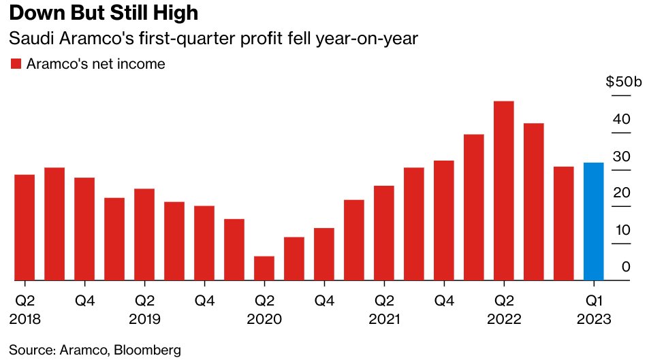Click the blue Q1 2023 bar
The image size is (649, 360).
(x=594, y=221)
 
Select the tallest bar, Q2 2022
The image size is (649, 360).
(x=504, y=191)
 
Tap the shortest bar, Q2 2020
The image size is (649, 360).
(x=264, y=268)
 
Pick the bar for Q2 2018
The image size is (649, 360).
(x=25, y=227)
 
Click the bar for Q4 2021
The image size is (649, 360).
(x=444, y=220)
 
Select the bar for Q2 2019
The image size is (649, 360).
(x=144, y=235)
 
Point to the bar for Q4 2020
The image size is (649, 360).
(x=324, y=254)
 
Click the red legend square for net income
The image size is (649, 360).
(x=16, y=64)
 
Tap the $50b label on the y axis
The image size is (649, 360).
(x=624, y=82)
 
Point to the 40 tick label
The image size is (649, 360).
(x=621, y=119)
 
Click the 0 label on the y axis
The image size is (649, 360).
(x=626, y=267)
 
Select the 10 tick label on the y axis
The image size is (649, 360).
(x=622, y=229)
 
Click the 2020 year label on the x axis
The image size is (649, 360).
(x=264, y=319)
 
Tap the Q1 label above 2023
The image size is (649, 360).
(x=594, y=300)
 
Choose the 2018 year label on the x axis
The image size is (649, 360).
(x=25, y=319)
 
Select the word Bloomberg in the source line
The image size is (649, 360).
(x=147, y=350)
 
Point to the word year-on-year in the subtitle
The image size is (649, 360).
(x=366, y=39)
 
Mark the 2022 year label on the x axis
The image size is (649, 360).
(x=504, y=319)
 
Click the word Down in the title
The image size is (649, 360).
(x=36, y=13)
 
